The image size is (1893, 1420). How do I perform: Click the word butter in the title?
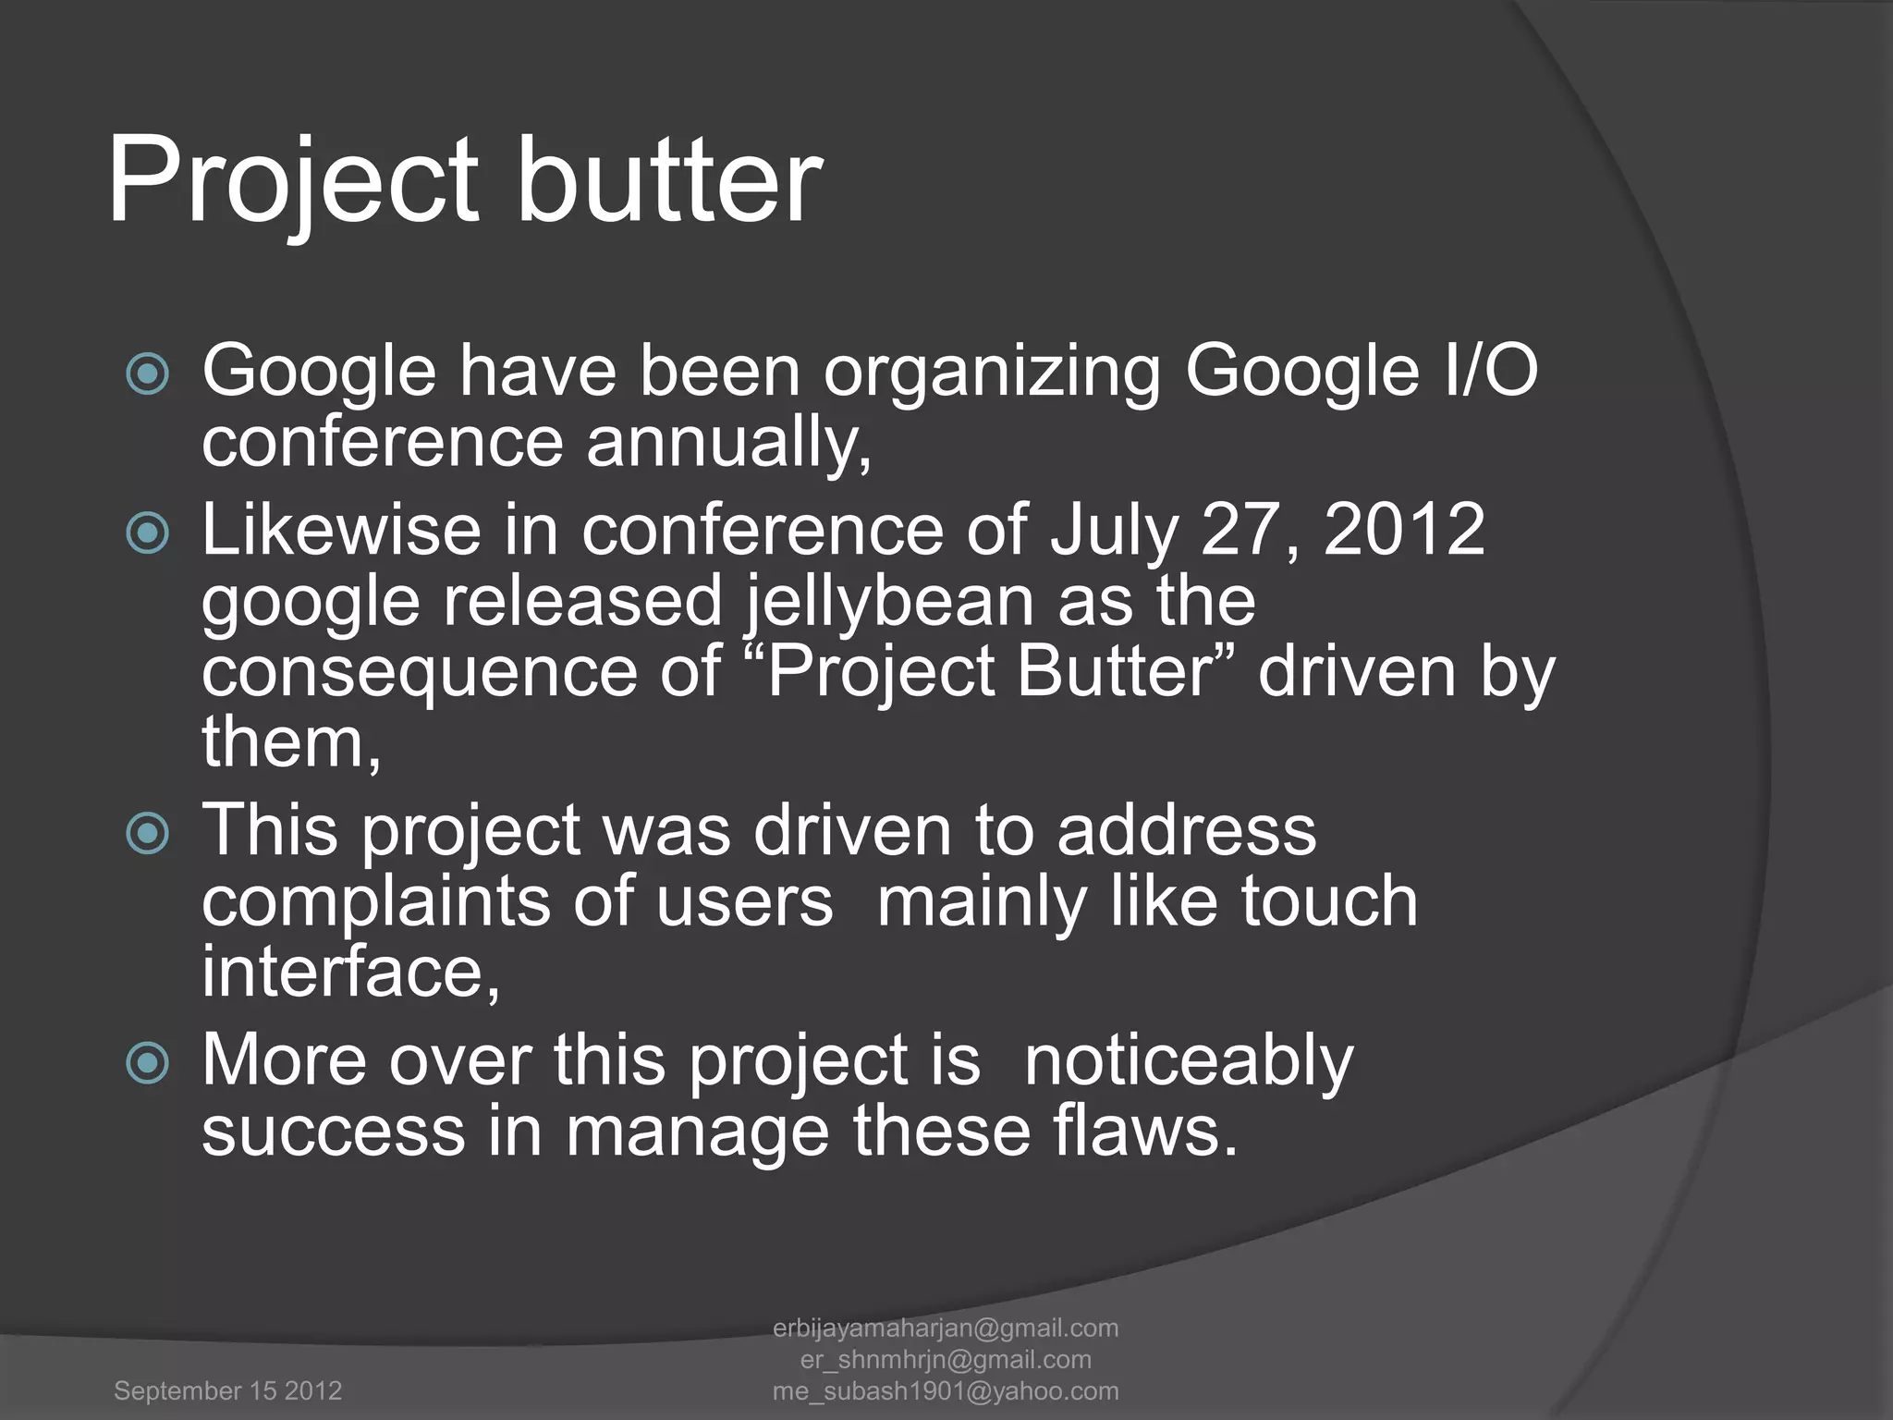point(666,180)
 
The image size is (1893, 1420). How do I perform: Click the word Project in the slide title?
point(293,180)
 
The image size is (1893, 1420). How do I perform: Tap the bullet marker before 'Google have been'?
point(148,373)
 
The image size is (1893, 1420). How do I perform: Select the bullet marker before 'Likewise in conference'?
point(148,532)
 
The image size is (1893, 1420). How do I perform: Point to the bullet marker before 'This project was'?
point(148,833)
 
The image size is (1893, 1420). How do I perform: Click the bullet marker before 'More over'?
point(148,1062)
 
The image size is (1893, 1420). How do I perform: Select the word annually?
point(728,443)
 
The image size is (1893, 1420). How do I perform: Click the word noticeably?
point(1189,1060)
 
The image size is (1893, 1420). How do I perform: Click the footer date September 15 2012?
point(227,1390)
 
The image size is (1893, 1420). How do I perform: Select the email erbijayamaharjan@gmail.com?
point(945,1328)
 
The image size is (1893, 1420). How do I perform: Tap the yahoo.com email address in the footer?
point(945,1390)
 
